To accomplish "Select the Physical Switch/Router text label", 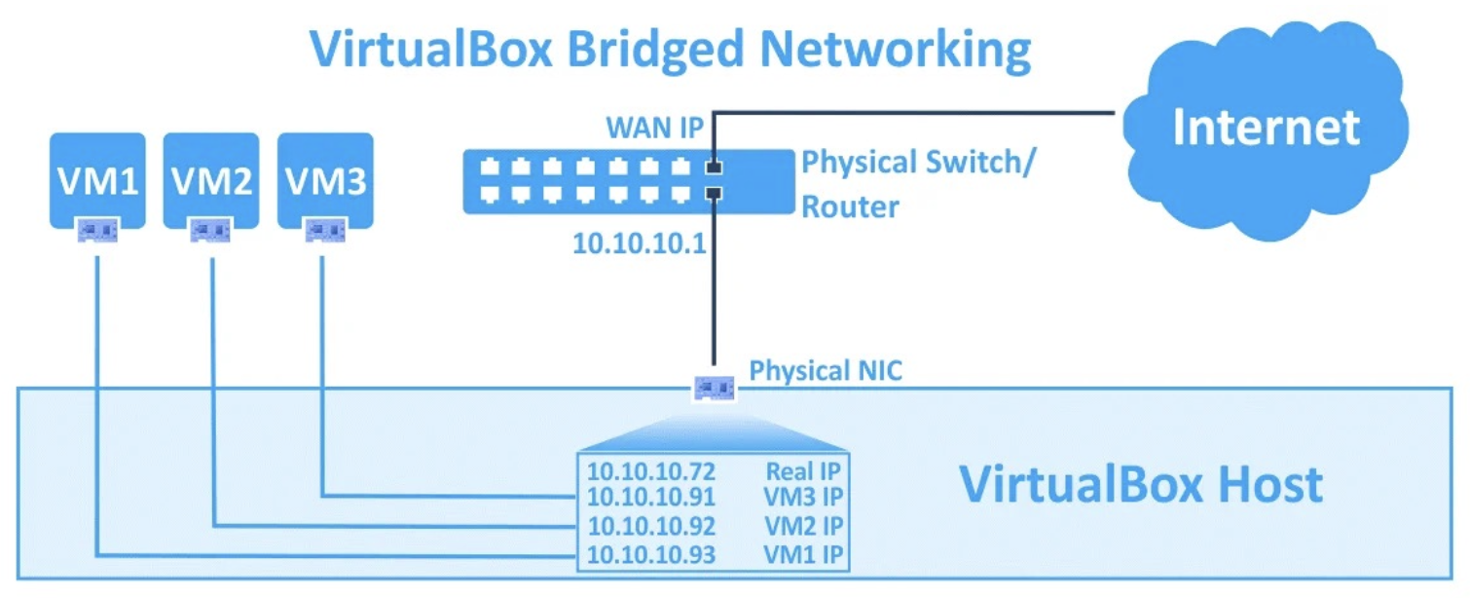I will point(915,184).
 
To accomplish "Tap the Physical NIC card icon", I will point(714,389).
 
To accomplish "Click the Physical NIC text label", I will point(826,371).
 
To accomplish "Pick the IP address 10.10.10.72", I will point(651,472).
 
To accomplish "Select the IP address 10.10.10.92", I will point(651,527).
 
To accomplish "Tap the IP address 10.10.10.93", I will point(651,555).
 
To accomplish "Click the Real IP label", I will point(803,472).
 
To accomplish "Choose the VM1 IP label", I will point(803,555).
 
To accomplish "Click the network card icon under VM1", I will point(97,231).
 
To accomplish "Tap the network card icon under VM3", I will point(325,231).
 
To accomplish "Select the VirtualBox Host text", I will point(1141,484).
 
